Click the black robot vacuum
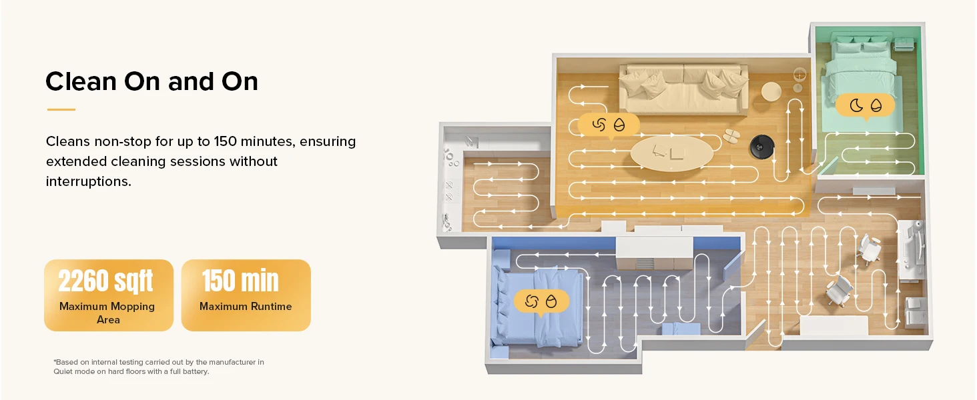click(759, 144)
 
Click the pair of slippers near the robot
click(731, 136)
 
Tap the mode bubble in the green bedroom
click(866, 105)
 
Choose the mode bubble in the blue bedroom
click(541, 301)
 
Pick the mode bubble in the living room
click(608, 125)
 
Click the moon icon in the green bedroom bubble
click(856, 105)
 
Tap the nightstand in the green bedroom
click(904, 45)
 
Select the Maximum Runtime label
click(246, 307)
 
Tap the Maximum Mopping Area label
click(107, 313)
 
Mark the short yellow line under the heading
click(61, 109)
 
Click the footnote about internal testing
click(158, 367)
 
